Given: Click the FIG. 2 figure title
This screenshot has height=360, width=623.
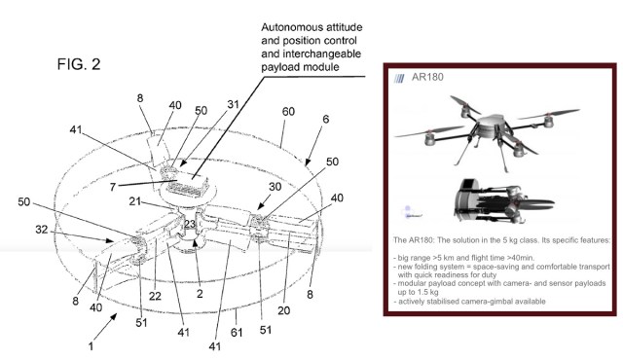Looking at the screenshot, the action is tap(79, 64).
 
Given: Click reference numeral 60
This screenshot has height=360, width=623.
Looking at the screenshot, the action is tap(288, 112).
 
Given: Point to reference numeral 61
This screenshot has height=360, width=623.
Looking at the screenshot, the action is tap(237, 332).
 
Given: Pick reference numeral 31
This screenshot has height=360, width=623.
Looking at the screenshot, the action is tap(234, 104).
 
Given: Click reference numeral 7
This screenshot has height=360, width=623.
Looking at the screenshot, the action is tap(113, 187).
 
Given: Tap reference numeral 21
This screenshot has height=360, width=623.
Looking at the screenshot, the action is tap(134, 201).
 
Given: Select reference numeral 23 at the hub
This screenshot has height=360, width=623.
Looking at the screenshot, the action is tap(190, 224).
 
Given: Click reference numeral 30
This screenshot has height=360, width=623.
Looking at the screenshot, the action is tap(275, 186).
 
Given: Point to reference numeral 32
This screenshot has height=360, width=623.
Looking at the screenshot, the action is tap(41, 230).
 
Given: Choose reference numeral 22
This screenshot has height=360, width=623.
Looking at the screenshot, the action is tap(155, 296).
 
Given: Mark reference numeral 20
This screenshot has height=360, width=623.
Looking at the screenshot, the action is tap(283, 310).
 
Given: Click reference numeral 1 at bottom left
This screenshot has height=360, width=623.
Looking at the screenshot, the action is tap(91, 346).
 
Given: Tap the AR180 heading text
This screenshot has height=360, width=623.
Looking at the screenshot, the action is tap(427, 77).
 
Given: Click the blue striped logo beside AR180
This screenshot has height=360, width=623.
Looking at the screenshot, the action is tap(399, 78).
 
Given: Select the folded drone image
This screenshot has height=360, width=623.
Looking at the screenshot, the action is tap(503, 201).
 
